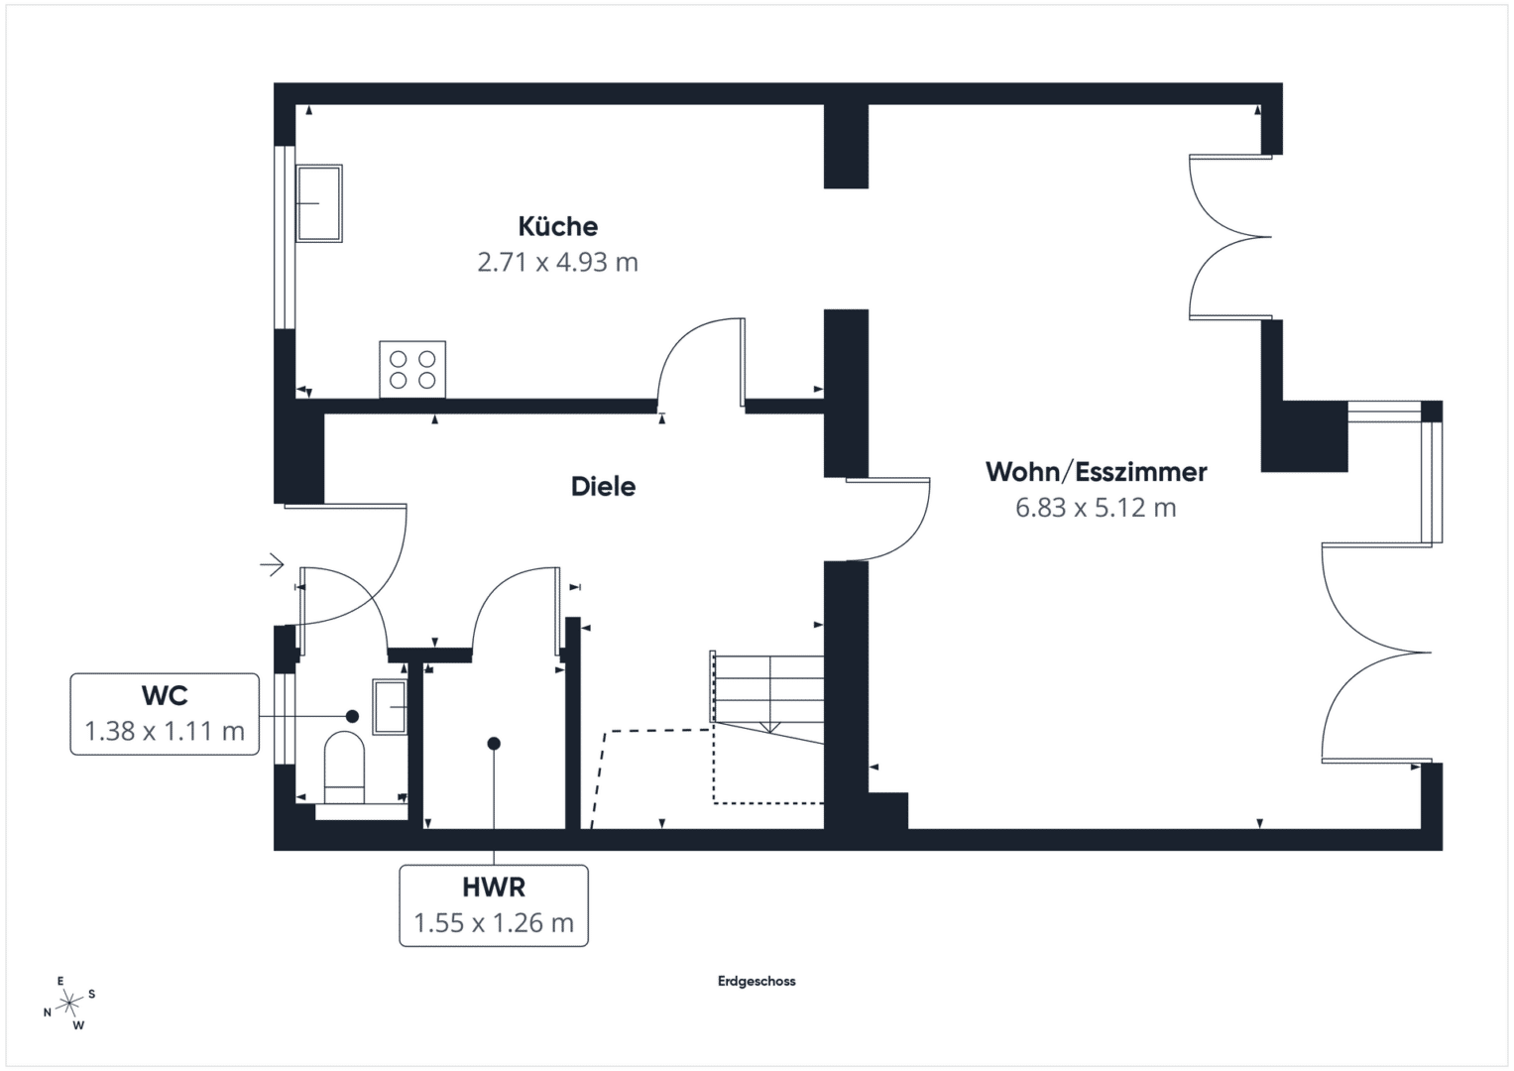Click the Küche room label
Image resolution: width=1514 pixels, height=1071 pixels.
tap(557, 226)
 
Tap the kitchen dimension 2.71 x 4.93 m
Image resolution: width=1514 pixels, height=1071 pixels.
tap(557, 263)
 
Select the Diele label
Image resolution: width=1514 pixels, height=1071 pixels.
tap(603, 487)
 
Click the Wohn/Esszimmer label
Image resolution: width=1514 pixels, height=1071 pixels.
tap(1096, 472)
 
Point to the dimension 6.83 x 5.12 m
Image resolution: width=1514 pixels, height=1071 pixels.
tap(1096, 507)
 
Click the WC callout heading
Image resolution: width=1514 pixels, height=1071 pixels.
tap(165, 695)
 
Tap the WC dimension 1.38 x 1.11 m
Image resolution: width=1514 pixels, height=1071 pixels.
tap(165, 731)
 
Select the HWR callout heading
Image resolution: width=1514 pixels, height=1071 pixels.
tap(494, 888)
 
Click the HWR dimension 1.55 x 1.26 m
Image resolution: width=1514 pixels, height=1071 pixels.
tap(494, 923)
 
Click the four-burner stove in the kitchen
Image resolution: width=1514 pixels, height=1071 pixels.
tap(412, 369)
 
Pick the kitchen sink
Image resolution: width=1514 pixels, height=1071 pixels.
tap(319, 203)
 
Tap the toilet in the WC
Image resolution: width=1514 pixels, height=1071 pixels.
tap(344, 768)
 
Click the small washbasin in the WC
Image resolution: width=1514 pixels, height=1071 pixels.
tap(390, 707)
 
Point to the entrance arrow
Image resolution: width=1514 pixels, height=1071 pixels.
tap(273, 564)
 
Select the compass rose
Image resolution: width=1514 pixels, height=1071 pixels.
tap(69, 1003)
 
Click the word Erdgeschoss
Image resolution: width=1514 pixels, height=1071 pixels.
tap(757, 981)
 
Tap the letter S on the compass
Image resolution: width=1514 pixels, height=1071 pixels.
tap(92, 994)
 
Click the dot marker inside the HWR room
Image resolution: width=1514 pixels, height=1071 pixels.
tap(494, 744)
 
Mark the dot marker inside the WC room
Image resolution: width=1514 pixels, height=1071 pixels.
tap(352, 716)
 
